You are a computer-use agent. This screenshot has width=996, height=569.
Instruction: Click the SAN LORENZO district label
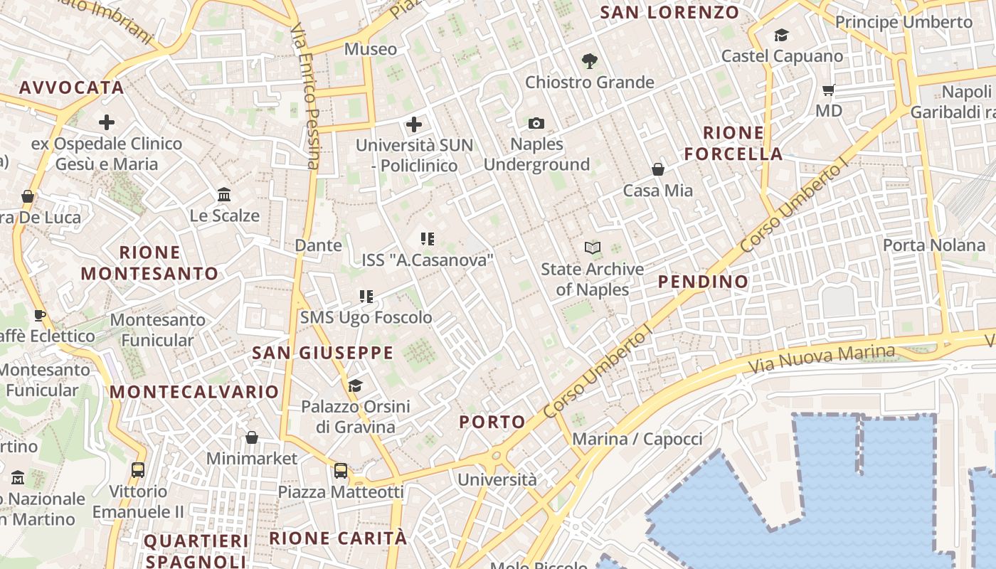coord(669,12)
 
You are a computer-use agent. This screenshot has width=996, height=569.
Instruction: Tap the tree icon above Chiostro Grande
coord(589,62)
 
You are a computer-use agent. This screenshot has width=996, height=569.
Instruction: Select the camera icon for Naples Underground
coord(536,124)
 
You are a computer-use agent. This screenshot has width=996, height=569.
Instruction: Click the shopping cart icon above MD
coord(828,90)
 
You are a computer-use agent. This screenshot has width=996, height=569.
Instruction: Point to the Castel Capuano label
coord(782,55)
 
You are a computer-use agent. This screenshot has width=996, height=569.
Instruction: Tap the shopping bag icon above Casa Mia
coord(658,169)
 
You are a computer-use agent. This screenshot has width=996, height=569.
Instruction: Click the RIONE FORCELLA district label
coord(733,143)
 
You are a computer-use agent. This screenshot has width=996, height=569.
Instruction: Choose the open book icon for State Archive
coord(592,248)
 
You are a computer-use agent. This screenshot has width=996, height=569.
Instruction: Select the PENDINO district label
coord(703,282)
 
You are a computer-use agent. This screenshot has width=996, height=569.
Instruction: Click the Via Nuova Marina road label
coord(822,359)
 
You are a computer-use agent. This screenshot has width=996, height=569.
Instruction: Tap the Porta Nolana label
coord(933,245)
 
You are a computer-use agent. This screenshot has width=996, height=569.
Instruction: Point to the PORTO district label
coord(492,422)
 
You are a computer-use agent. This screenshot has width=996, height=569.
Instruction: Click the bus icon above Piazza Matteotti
coord(341,470)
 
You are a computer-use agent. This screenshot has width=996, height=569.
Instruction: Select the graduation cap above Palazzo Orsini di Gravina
coord(355,385)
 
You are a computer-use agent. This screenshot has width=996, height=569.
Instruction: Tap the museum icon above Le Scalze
coord(224,194)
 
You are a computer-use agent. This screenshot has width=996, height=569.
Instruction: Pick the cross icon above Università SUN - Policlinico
coord(413,124)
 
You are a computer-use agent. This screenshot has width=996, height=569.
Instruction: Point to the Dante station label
coord(318,245)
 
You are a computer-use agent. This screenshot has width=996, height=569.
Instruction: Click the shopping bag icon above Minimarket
coord(251,437)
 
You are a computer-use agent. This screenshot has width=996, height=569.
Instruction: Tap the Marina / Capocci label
coord(637,439)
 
